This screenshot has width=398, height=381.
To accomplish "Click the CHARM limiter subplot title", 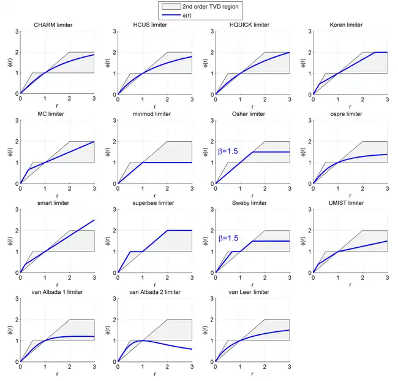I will click(57, 25).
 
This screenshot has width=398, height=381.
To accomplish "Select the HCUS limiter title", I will click(154, 25).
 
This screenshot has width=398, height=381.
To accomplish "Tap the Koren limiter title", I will click(350, 25).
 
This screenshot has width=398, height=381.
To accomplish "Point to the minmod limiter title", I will click(154, 114).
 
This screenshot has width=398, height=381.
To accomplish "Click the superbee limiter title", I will click(154, 203).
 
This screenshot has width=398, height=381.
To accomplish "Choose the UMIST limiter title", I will click(350, 203).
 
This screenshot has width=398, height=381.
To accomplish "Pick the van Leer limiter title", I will click(252, 292).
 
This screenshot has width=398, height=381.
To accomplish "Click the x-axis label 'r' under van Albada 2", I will click(154, 373).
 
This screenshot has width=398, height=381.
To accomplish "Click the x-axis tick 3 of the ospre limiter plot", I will click(387, 188).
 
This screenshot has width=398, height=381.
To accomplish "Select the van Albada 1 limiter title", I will click(57, 292).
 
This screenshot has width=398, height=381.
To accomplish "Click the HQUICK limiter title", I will click(252, 25).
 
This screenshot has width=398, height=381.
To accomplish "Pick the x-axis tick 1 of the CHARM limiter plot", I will click(45, 99).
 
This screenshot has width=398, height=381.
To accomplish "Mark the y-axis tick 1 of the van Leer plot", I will click(212, 341).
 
